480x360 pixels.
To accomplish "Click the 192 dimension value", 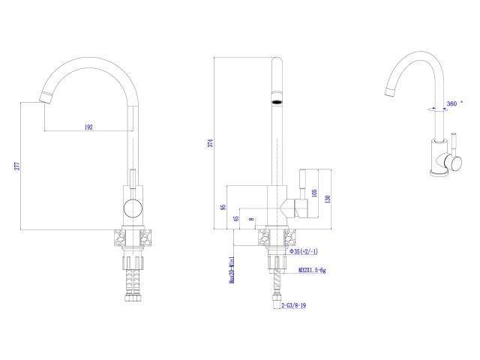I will point(88,127).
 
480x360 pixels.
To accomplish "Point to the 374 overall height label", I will point(213,142).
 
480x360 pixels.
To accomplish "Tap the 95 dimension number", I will point(223,207).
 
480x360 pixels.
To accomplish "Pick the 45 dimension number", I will point(235,218).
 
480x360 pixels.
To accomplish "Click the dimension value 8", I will point(252,220).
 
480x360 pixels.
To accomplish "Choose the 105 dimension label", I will point(316,193).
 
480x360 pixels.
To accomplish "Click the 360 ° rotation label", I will point(452,103).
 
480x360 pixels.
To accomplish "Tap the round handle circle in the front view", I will point(132,209).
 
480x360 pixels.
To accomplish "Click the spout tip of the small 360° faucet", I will point(389,92).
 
